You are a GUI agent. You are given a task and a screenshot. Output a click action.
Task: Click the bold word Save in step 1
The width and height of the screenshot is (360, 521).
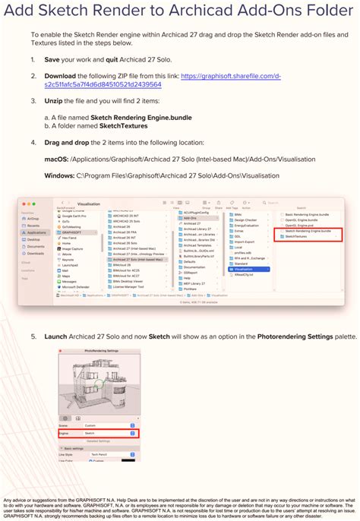[x=52, y=59]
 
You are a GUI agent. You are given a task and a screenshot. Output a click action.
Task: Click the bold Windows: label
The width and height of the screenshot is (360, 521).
[x=59, y=175]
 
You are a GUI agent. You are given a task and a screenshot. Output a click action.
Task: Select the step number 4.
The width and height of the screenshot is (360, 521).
[x=33, y=142]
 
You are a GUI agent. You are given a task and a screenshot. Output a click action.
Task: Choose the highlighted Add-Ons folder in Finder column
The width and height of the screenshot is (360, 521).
[x=192, y=218]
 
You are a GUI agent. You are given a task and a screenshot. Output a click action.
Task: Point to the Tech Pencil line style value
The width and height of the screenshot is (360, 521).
[x=101, y=453]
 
